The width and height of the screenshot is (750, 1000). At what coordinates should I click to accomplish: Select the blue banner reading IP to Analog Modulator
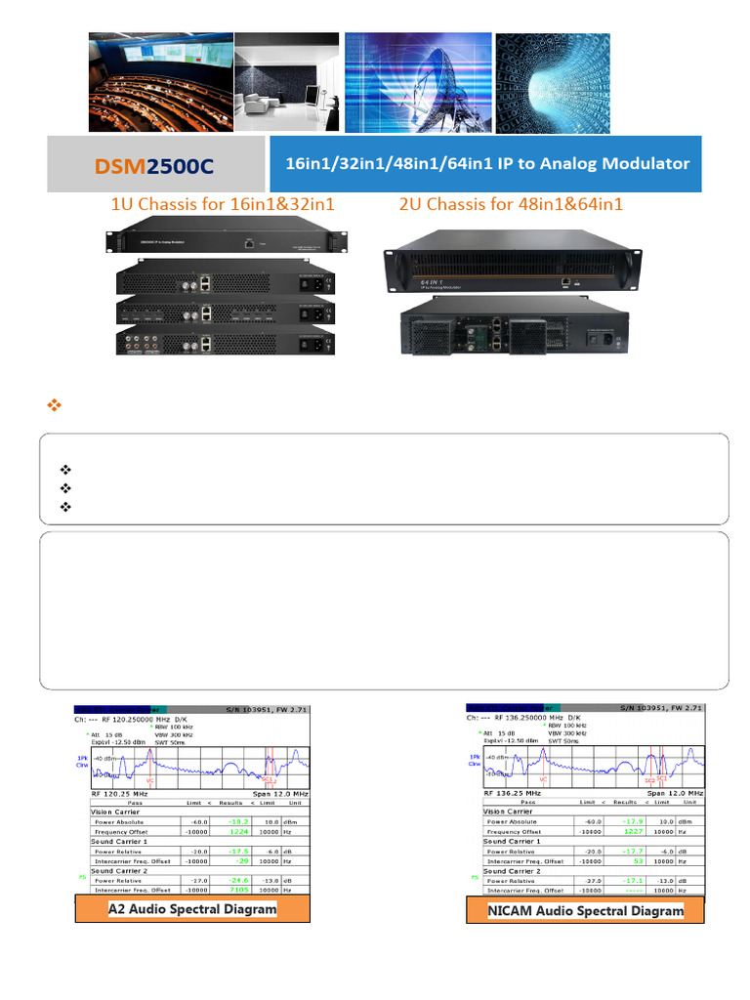click(x=486, y=164)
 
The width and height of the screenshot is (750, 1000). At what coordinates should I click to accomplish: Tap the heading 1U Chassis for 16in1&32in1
click(x=223, y=205)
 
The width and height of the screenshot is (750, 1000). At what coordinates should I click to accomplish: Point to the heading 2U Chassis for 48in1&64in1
click(x=512, y=205)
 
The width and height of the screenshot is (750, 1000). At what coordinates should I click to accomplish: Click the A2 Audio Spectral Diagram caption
click(x=192, y=909)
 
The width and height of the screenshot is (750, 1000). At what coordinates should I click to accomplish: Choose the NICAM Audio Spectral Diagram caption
click(x=587, y=910)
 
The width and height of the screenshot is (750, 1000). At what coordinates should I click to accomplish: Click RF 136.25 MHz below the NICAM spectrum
click(x=514, y=794)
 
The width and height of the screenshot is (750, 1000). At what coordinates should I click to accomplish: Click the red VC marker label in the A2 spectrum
click(x=149, y=780)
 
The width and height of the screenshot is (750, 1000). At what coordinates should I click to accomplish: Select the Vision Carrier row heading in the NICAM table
click(x=508, y=812)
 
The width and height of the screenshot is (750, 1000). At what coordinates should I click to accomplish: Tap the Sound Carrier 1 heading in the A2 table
click(x=119, y=841)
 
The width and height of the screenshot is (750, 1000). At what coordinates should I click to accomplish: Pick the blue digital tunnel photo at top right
click(x=553, y=82)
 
